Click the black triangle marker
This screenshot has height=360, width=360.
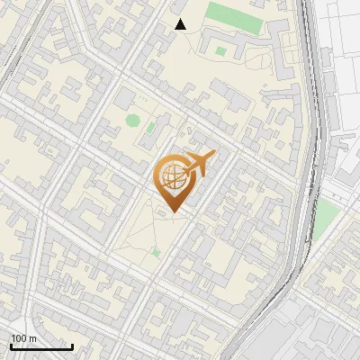(181, 24)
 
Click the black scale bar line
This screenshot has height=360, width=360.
(41, 346)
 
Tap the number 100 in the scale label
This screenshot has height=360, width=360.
(20, 338)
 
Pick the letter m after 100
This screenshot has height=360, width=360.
(32, 339)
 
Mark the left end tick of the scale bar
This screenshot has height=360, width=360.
(11, 345)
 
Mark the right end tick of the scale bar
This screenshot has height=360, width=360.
(72, 345)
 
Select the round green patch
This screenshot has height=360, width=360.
(133, 121)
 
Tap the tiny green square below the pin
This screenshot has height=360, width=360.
(156, 253)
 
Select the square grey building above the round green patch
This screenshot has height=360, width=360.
(127, 102)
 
